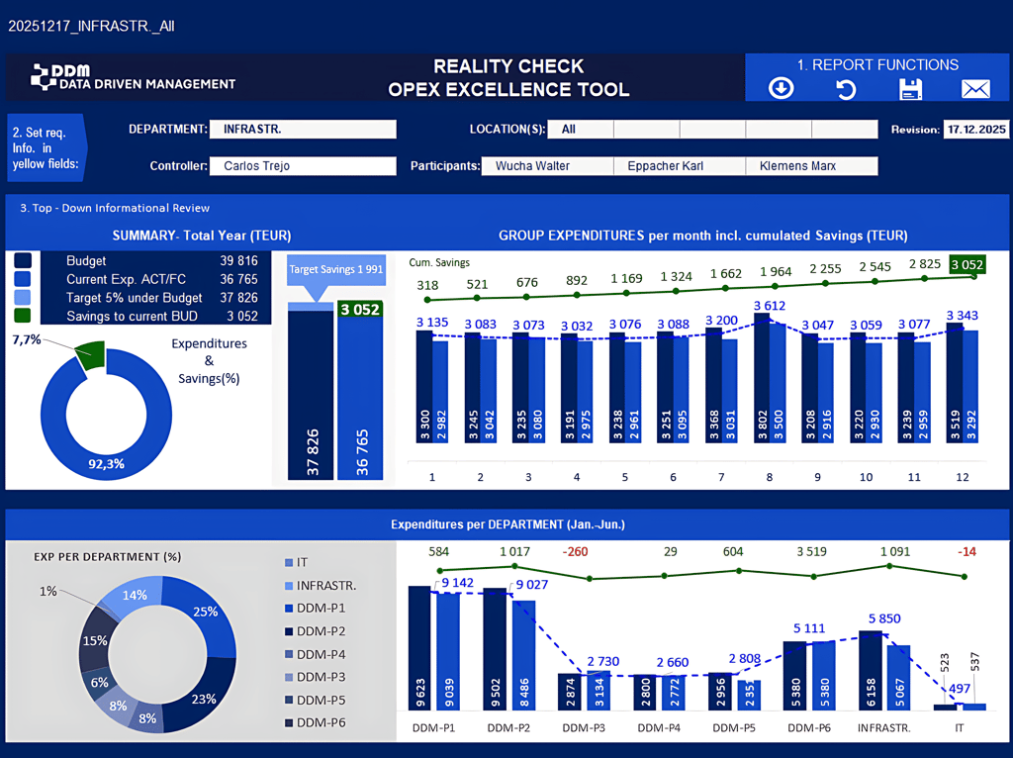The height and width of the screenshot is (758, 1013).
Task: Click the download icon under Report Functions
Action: click(781, 89)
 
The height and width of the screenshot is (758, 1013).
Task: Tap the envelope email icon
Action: click(975, 89)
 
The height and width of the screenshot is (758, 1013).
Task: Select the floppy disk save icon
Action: click(910, 89)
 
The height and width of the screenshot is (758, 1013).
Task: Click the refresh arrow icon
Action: click(845, 89)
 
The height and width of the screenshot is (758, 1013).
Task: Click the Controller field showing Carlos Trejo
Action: click(303, 166)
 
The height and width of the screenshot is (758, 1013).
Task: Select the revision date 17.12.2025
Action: click(975, 130)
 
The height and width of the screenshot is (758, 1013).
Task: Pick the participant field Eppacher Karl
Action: click(679, 166)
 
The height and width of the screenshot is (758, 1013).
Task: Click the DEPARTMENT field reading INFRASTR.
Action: click(303, 130)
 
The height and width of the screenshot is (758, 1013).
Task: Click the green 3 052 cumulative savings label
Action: click(967, 264)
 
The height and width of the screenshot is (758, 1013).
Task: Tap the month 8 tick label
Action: click(769, 477)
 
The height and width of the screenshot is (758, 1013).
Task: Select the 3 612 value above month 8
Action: click(769, 307)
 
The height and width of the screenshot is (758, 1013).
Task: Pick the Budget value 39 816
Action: click(238, 261)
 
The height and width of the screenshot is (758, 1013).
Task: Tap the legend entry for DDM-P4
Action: click(319, 654)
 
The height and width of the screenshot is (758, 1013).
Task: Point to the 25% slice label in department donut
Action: click(205, 612)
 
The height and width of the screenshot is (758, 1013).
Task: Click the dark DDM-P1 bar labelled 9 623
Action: click(419, 647)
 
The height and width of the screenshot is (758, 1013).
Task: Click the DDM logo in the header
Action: click(133, 77)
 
